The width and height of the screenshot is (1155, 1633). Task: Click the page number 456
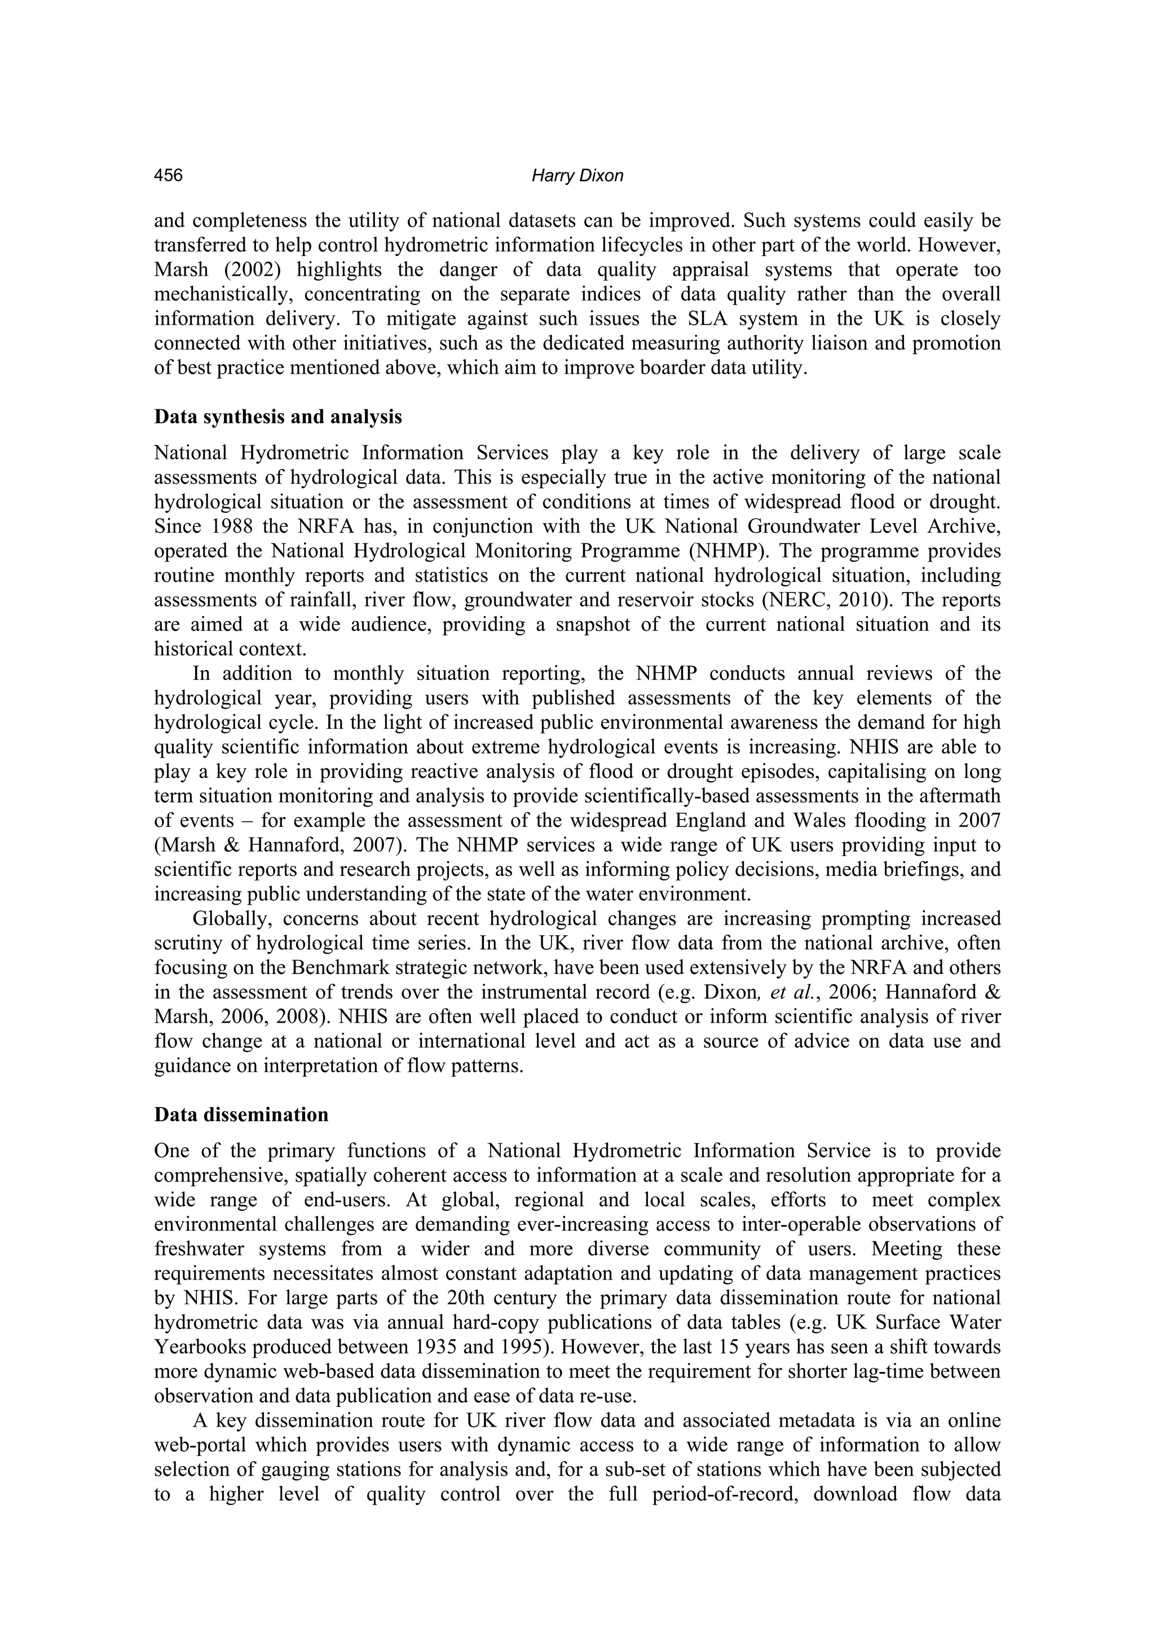pyautogui.click(x=169, y=176)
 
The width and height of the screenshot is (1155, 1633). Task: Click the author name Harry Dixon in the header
pyautogui.click(x=577, y=176)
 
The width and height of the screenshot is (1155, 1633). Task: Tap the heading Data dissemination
pyautogui.click(x=241, y=1114)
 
